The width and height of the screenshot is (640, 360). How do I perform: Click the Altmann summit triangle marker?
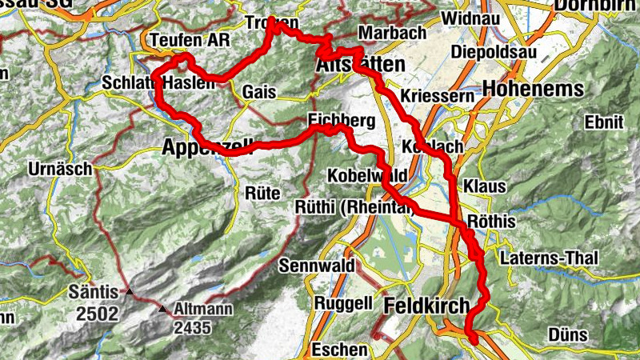[163, 308]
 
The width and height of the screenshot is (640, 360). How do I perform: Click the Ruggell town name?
[343, 303]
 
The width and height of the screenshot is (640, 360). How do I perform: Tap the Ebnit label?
[603, 122]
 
